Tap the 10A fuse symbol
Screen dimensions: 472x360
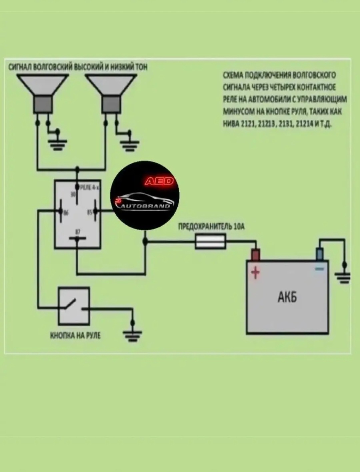(210, 241)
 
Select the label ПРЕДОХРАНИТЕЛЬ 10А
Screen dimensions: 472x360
(211, 227)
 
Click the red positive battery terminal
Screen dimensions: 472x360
(255, 255)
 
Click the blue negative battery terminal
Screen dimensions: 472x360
(320, 254)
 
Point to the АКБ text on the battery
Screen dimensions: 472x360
(287, 296)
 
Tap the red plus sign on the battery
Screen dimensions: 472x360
(255, 273)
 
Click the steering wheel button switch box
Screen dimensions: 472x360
(74, 306)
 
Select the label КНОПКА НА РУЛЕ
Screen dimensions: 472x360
(75, 335)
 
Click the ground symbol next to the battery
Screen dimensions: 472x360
(344, 277)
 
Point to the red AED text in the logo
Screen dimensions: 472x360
(159, 181)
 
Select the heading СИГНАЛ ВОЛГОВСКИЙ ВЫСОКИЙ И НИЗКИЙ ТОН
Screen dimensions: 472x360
(78, 67)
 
